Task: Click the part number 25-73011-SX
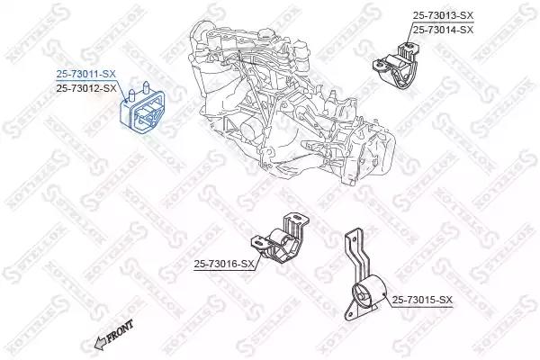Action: point(86,74)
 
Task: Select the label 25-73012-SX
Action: point(86,88)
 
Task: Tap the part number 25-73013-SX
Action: point(443,15)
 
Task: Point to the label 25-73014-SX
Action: point(443,30)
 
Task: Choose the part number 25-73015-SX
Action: point(422,300)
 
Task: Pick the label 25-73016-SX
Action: point(224,265)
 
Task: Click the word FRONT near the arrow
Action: point(120,331)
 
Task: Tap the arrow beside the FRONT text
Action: point(100,344)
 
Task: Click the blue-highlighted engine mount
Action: point(142,107)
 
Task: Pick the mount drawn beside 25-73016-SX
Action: point(279,238)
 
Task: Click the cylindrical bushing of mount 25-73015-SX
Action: point(369,292)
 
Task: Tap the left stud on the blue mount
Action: point(131,96)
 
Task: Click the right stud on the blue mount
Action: point(146,87)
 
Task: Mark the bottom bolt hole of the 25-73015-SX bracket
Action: point(349,315)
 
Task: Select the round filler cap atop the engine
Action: point(266,34)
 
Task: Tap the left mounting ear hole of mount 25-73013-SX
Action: point(379,63)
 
